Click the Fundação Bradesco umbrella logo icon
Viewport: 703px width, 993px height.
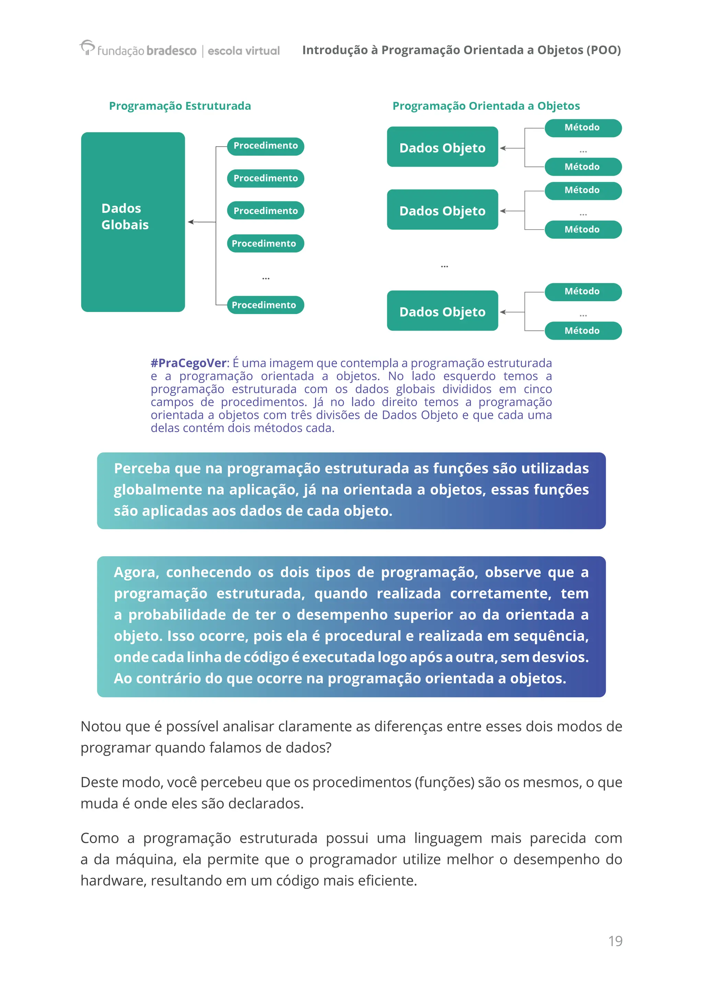click(x=87, y=47)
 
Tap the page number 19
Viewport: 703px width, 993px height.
click(x=615, y=941)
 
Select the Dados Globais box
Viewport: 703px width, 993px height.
click(x=133, y=222)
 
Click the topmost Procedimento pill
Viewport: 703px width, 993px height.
click(x=265, y=146)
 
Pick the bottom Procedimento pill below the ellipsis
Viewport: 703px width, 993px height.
click(x=265, y=305)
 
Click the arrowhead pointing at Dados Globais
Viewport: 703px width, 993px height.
click(x=191, y=222)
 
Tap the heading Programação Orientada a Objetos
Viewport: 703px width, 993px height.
click(x=486, y=106)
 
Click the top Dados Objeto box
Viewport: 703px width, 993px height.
click(x=442, y=147)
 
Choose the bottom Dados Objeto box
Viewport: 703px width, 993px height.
click(x=442, y=311)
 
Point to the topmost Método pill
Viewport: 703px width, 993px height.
click(x=583, y=128)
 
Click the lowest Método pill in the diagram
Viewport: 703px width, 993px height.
click(x=583, y=331)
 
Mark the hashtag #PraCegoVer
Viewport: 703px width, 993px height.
click(x=188, y=363)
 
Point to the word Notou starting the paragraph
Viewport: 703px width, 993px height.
click(x=101, y=727)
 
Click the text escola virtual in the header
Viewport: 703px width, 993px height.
click(x=244, y=51)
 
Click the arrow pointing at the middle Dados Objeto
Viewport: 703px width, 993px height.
click(x=504, y=211)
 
